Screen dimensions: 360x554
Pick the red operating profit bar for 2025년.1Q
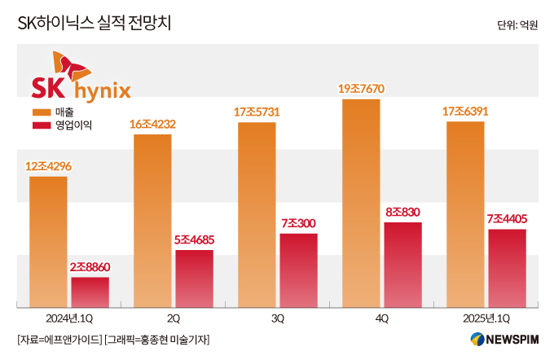tap(507, 268)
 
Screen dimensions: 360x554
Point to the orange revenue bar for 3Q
tap(257, 215)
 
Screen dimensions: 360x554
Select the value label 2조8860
tap(90, 266)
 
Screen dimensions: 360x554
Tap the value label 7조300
tap(298, 222)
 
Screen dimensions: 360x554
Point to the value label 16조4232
tap(152, 124)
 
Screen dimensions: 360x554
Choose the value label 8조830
tap(402, 212)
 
